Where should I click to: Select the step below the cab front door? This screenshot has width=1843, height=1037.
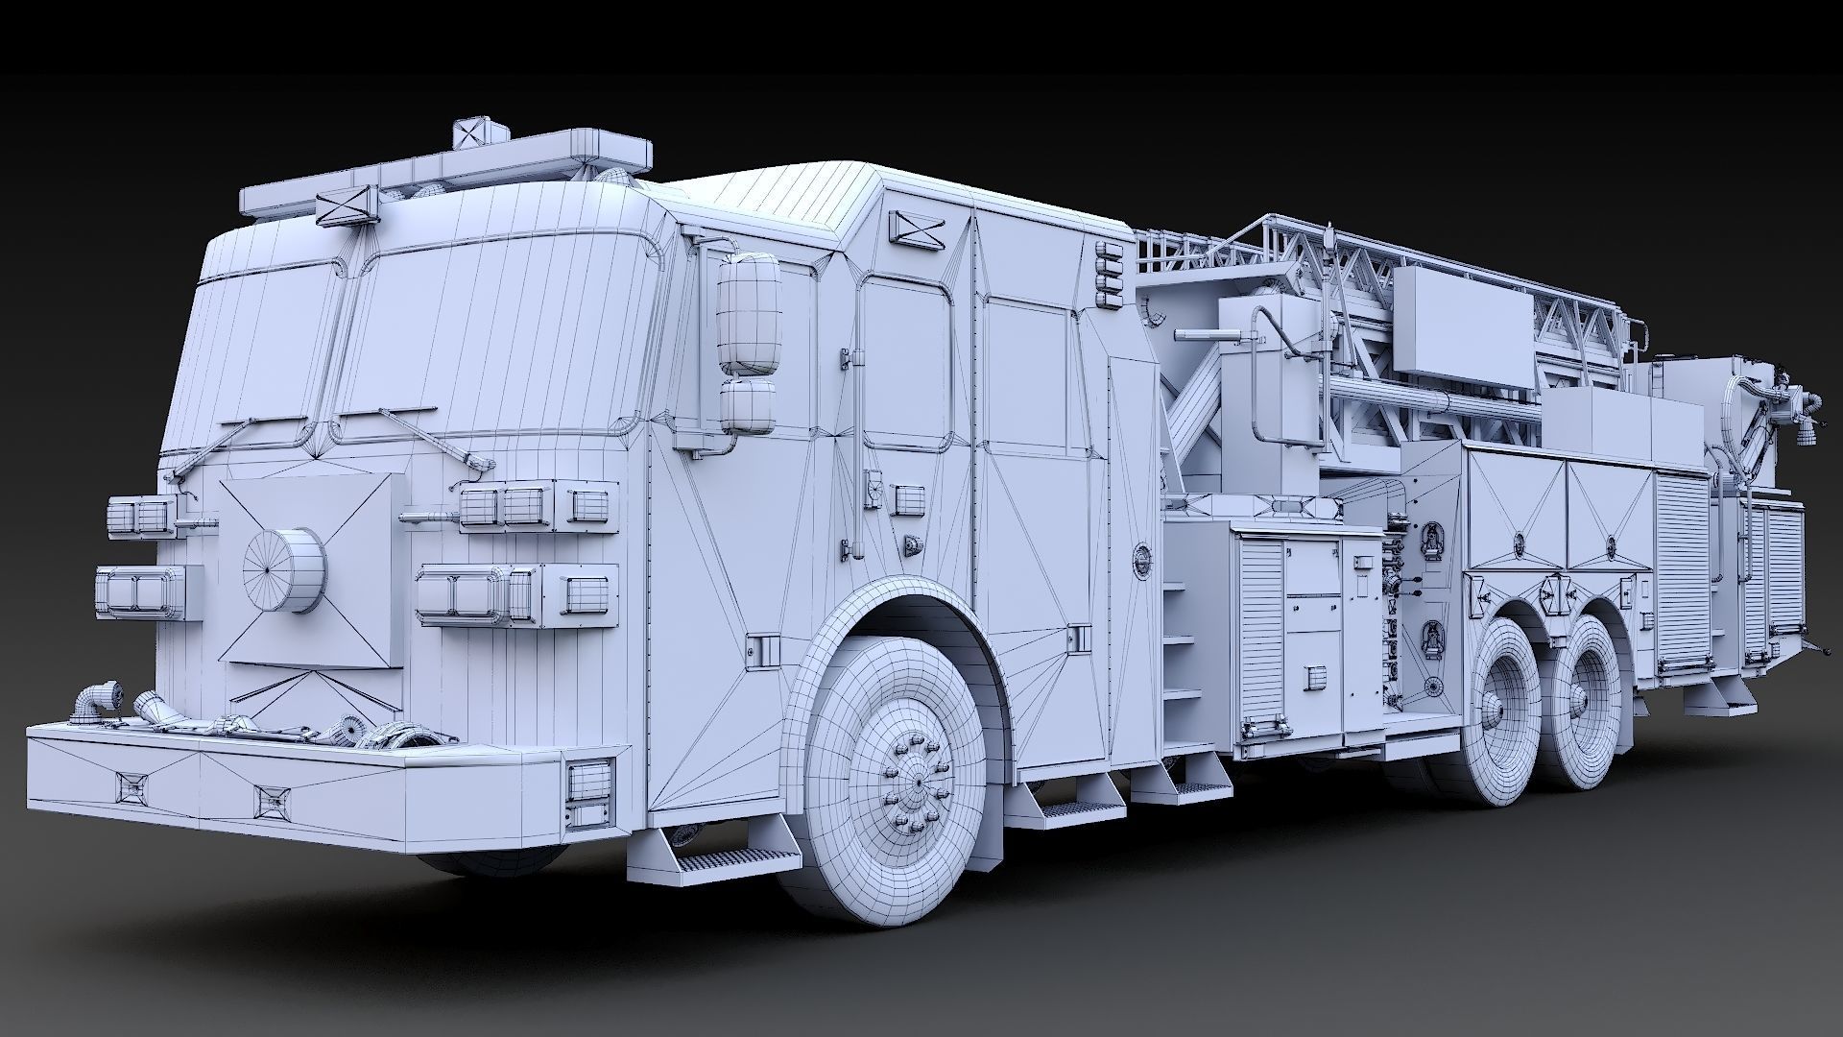click(x=730, y=856)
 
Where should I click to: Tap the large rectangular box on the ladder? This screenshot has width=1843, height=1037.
click(x=1462, y=320)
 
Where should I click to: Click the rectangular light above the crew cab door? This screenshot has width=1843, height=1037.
click(x=917, y=227)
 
